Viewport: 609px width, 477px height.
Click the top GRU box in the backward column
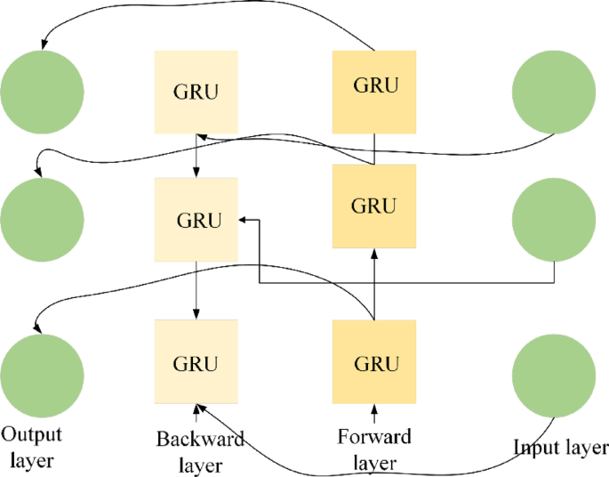[x=196, y=92]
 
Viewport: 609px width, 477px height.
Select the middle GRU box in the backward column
[x=196, y=220]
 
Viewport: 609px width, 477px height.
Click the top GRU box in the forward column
[x=373, y=86]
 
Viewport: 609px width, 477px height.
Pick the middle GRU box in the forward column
[x=373, y=206]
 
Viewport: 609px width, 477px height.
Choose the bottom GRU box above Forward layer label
[x=373, y=362]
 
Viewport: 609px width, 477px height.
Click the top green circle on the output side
[x=42, y=92]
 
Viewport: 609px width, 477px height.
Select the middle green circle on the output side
[x=42, y=218]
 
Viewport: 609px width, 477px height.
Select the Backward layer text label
[x=200, y=452]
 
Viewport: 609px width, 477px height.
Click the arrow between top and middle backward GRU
[x=196, y=156]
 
